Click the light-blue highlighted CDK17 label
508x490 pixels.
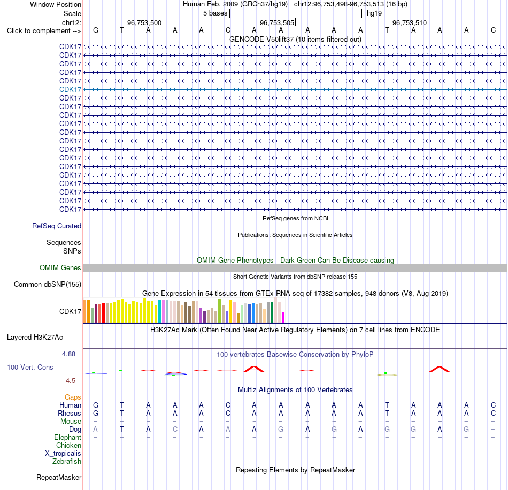(x=70, y=89)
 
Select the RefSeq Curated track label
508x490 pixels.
(x=57, y=226)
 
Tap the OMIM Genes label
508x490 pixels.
(x=60, y=267)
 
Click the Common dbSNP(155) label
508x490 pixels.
(x=48, y=284)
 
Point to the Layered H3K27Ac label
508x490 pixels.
(x=35, y=338)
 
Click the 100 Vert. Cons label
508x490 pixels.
(x=30, y=367)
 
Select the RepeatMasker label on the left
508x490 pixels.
(x=59, y=477)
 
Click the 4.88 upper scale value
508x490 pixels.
(x=68, y=354)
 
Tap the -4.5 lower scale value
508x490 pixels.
(x=70, y=381)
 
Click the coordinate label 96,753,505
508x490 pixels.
(x=277, y=22)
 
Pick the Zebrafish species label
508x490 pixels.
(x=67, y=461)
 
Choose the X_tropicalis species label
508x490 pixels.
(x=63, y=454)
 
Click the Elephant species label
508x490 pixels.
(x=67, y=437)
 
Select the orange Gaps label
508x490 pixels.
(x=73, y=397)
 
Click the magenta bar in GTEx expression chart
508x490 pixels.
(x=283, y=317)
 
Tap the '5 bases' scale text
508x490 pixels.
(x=215, y=13)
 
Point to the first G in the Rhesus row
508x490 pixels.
(x=96, y=413)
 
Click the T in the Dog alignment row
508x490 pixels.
(x=122, y=429)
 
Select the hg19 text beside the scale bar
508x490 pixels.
(x=374, y=13)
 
